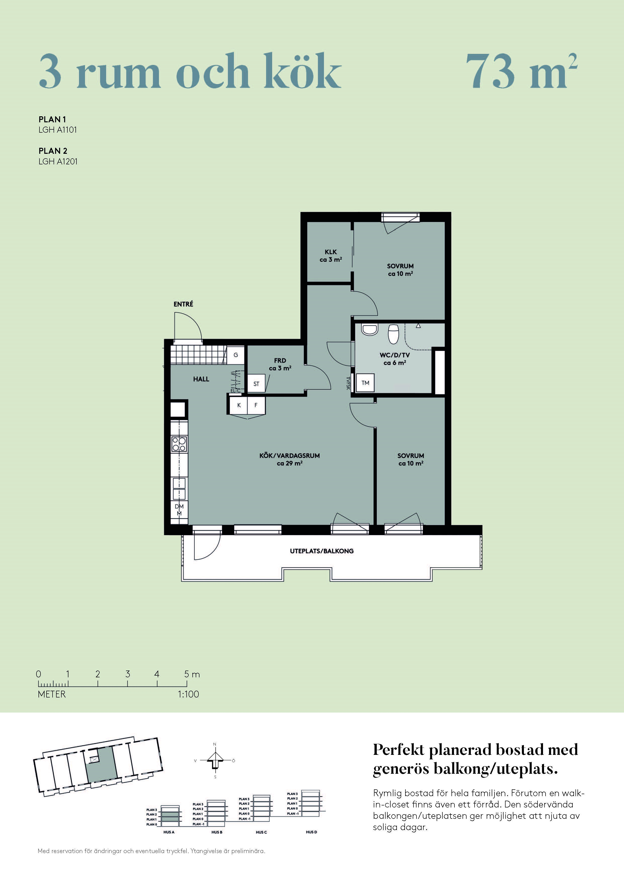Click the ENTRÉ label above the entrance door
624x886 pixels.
point(183,304)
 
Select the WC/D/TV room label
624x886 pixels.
point(395,355)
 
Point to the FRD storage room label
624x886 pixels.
point(280,360)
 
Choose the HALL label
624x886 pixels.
point(201,379)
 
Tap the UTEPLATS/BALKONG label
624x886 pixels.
point(322,551)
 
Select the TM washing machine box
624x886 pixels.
point(365,383)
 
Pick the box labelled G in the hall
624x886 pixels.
point(236,355)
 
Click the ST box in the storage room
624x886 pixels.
point(256,384)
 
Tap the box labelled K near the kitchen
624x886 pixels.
point(239,405)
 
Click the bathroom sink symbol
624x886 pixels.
point(369,330)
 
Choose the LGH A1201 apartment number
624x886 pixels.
point(58,161)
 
